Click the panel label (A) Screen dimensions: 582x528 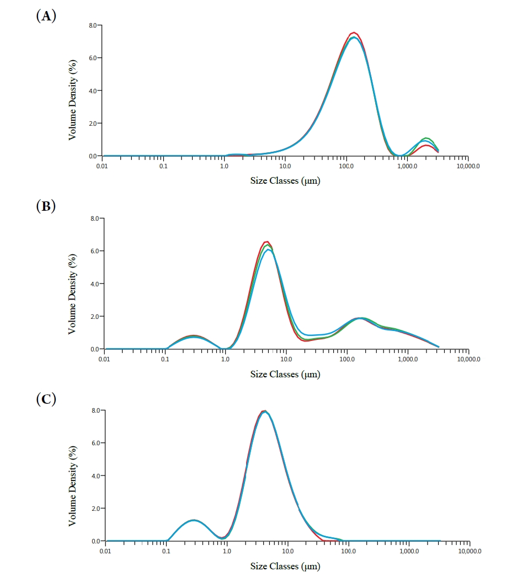(46, 17)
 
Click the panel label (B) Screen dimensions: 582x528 (46, 207)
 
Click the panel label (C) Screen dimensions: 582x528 (46, 399)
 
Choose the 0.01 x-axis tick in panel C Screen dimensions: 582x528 (105, 551)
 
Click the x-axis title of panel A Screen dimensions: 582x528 (285, 181)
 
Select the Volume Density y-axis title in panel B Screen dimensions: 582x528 (73, 284)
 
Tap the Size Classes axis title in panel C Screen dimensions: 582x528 (285, 566)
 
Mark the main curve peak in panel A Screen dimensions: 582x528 (354, 33)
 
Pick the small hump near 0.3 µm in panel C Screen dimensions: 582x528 (193, 520)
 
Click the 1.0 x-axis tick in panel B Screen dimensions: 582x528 (226, 359)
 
